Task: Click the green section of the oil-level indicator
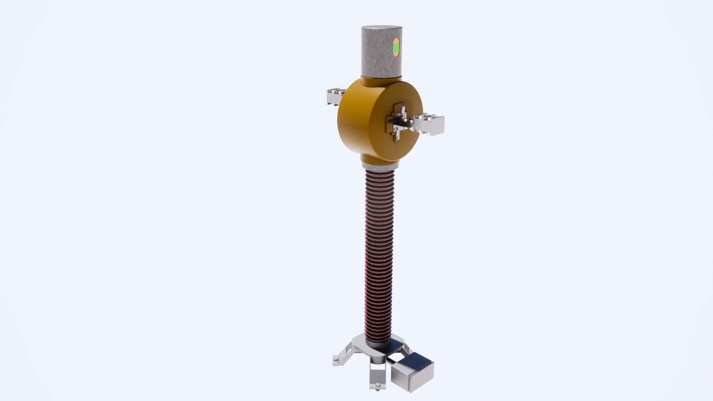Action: pos(396,47)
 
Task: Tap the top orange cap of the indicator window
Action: pos(396,40)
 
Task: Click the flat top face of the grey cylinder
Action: pos(382,29)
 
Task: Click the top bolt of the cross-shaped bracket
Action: pos(403,108)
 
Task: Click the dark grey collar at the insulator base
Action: pos(378,344)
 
